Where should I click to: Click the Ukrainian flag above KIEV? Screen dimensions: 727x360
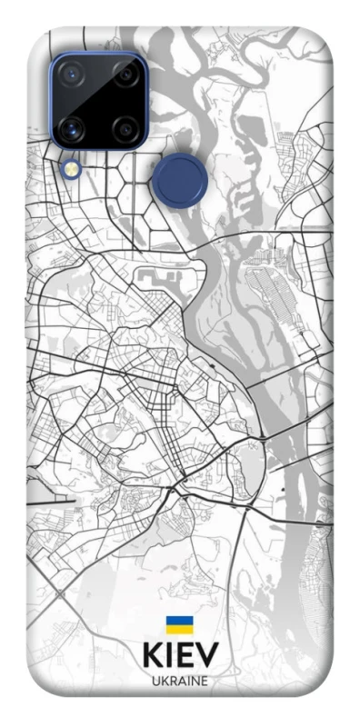tap(178, 625)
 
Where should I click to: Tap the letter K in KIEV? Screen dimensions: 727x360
tap(152, 654)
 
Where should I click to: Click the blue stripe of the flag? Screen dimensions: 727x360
tap(178, 622)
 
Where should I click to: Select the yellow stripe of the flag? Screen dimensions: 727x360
tap(178, 629)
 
